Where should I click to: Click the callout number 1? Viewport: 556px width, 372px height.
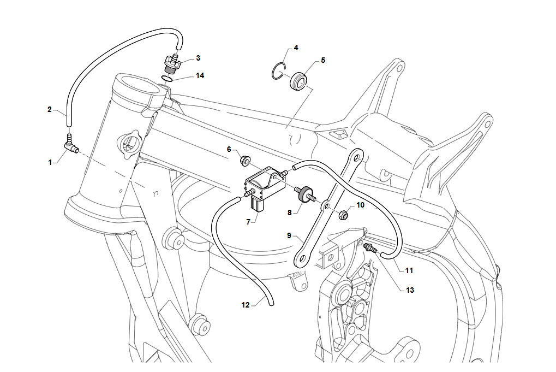click(50, 162)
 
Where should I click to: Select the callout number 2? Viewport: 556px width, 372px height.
click(50, 109)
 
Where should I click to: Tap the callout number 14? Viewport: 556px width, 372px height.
click(200, 75)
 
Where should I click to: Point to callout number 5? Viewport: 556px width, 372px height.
click(322, 60)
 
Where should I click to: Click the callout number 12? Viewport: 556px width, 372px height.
click(246, 305)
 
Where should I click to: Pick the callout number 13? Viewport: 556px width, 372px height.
click(410, 290)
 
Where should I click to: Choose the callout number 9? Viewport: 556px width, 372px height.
click(289, 235)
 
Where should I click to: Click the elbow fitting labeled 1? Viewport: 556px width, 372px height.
click(71, 146)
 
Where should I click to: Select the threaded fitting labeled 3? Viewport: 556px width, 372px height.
click(172, 63)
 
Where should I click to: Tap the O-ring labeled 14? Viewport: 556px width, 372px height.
click(166, 79)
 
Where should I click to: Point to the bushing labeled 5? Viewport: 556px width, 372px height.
click(298, 81)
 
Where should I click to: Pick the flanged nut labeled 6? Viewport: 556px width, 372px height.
click(244, 161)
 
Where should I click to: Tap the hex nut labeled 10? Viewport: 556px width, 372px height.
click(343, 214)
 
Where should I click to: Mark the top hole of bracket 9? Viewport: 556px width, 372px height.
click(356, 157)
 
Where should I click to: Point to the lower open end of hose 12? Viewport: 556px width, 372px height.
click(271, 304)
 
